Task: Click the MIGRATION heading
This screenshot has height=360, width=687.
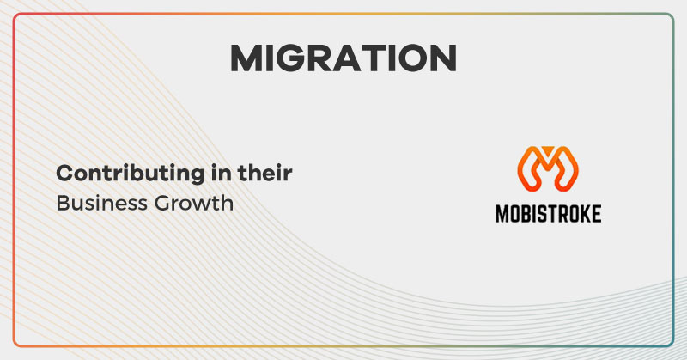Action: tap(343, 58)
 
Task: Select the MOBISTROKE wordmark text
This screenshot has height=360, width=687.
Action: tap(548, 213)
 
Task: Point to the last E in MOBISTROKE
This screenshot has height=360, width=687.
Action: tap(595, 213)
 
